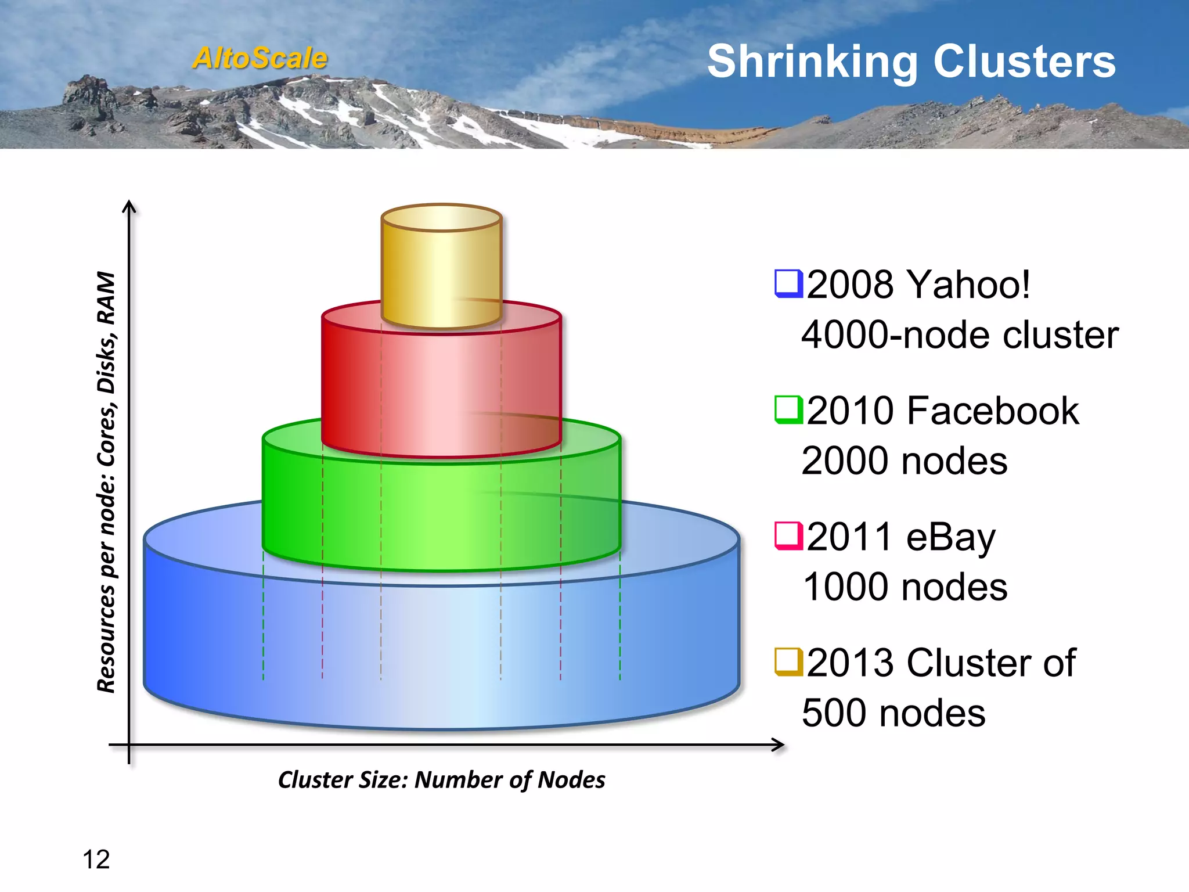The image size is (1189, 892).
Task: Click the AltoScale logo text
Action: tap(260, 58)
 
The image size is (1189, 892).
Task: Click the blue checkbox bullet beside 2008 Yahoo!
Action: tap(788, 283)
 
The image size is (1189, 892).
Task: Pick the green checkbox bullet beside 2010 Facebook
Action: tap(788, 409)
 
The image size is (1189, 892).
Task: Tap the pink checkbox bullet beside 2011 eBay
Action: tap(788, 535)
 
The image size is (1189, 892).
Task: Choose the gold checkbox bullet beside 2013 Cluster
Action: tap(788, 662)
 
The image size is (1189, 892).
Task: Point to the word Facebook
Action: tap(993, 411)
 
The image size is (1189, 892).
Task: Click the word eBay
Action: tap(950, 537)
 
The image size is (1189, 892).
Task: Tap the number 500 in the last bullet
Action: tap(835, 713)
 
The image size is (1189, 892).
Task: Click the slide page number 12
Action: tap(96, 859)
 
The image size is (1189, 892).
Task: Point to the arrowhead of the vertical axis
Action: tap(129, 206)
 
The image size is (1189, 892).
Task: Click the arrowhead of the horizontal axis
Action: tap(778, 744)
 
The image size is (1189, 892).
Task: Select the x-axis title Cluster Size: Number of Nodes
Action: tap(441, 780)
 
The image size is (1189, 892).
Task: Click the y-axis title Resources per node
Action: tap(106, 482)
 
